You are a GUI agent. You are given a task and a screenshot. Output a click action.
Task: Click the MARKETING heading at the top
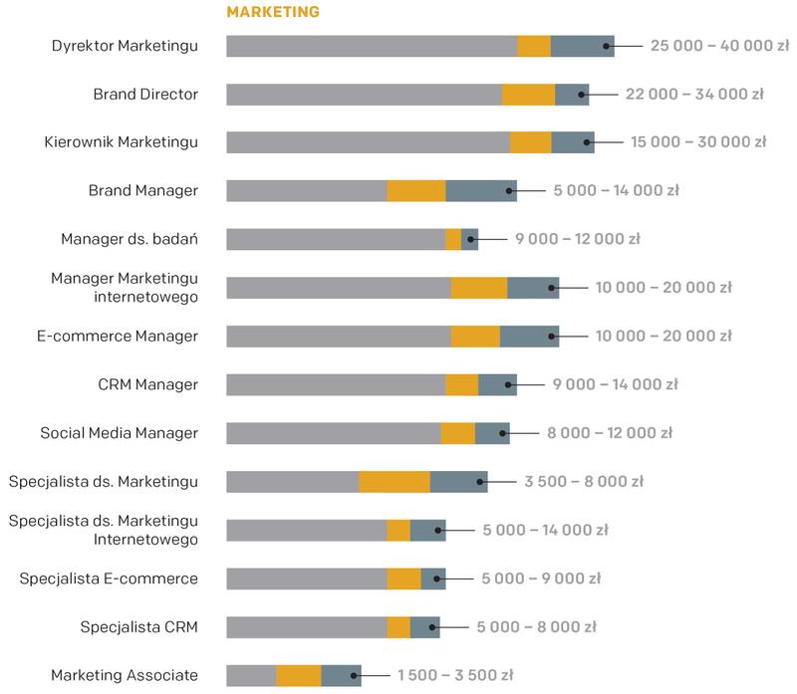point(273,12)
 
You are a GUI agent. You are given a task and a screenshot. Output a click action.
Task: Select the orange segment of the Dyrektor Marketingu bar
point(534,46)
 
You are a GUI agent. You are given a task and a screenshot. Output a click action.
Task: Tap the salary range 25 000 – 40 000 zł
point(719,46)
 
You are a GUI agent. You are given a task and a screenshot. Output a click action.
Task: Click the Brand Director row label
point(145,95)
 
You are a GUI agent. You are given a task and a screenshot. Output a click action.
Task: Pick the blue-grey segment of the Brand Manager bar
point(480,190)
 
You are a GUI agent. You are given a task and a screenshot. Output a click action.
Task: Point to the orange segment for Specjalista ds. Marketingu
point(395,482)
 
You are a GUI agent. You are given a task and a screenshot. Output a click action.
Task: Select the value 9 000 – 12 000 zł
point(577,239)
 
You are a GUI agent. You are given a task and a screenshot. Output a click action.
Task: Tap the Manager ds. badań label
point(130,239)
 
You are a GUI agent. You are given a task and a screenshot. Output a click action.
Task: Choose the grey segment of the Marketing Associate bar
point(251,676)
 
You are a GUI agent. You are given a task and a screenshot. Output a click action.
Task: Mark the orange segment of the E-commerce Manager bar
point(475,337)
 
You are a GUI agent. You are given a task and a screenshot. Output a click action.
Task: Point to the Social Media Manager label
point(120,433)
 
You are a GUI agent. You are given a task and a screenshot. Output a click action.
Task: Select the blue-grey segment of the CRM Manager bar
point(497,385)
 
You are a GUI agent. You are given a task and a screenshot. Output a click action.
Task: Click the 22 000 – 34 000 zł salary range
point(694,95)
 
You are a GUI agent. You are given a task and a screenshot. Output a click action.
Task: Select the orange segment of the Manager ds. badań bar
point(453,239)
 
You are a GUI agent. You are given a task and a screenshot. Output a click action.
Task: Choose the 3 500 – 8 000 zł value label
point(584,482)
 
